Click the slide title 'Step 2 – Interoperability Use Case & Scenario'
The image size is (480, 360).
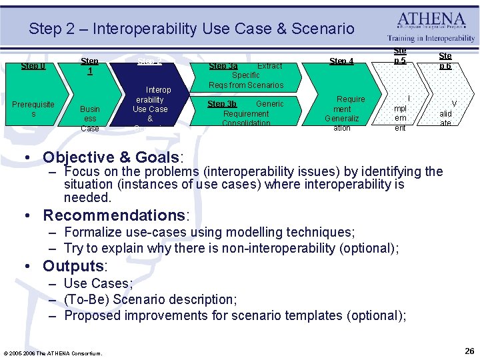(x=191, y=29)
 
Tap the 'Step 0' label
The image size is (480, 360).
(x=33, y=66)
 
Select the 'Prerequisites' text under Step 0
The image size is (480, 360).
(x=33, y=109)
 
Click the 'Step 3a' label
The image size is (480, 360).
(x=223, y=66)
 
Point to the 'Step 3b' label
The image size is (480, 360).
(x=221, y=104)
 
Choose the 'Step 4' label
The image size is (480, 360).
(x=341, y=61)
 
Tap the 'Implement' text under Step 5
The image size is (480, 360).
(x=400, y=113)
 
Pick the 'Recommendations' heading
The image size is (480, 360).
(x=116, y=215)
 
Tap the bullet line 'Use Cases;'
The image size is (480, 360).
(x=98, y=283)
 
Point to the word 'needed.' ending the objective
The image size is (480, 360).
(x=87, y=197)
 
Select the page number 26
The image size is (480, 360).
(x=469, y=351)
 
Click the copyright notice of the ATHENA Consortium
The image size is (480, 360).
(x=53, y=353)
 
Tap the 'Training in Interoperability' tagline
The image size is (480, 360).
(x=431, y=39)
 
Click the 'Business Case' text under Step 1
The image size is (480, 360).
(x=89, y=118)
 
